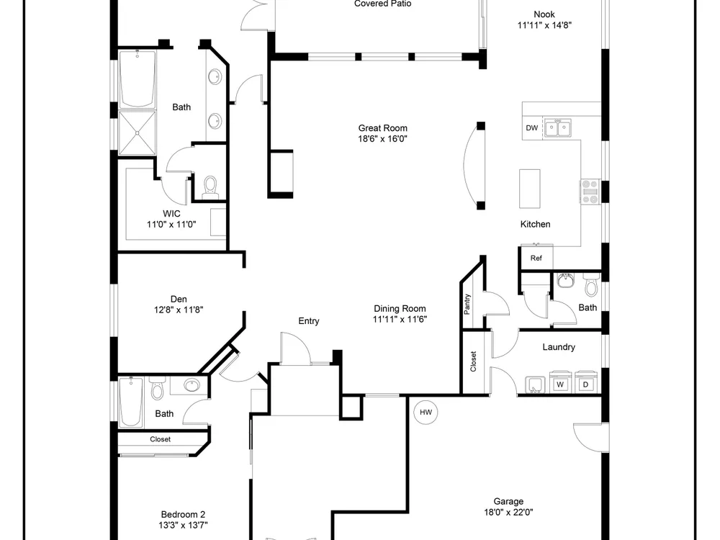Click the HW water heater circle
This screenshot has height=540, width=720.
(426, 412)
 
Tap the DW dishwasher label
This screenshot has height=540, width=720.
(532, 128)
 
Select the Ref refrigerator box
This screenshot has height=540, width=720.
(536, 258)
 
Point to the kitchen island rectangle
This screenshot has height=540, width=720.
(529, 189)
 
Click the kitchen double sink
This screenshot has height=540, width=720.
(557, 128)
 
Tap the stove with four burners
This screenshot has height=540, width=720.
(590, 192)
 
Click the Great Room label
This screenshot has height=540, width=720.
(382, 128)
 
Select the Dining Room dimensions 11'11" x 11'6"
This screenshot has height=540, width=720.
(400, 320)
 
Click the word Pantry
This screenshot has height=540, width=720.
(467, 304)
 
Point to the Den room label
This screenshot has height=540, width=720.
(179, 300)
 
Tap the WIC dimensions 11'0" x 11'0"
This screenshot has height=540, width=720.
(171, 225)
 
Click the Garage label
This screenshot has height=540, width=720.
(508, 501)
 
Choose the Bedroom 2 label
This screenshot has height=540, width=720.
(183, 514)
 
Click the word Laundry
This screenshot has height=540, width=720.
(559, 347)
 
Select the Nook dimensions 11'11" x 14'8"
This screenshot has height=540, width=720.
(544, 25)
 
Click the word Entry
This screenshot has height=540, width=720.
(309, 321)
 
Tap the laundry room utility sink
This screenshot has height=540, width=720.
(535, 384)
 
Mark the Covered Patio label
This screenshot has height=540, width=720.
(382, 4)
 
